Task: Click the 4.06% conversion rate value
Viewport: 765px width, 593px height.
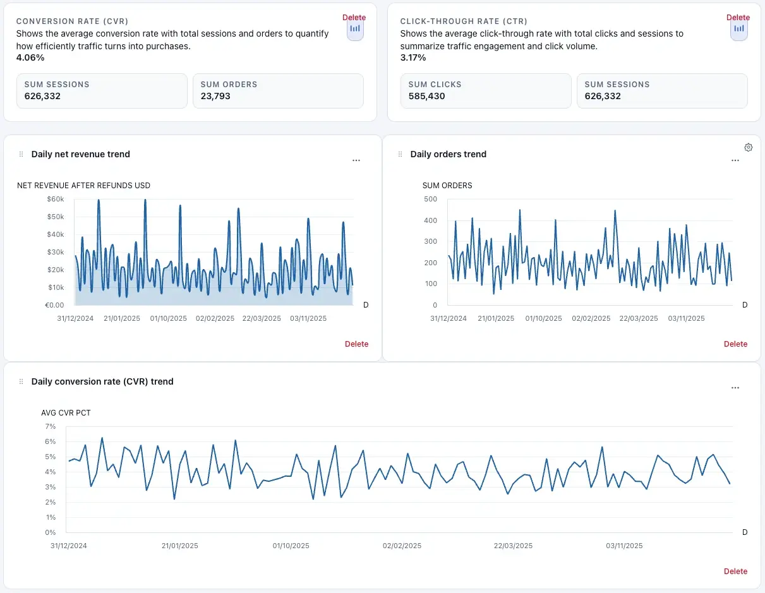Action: coord(30,57)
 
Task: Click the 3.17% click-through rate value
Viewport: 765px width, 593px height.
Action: coord(413,57)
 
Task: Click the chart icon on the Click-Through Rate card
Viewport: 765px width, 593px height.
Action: coord(738,29)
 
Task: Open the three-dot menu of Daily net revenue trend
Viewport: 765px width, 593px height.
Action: coord(356,160)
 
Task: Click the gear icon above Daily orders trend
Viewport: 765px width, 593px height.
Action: coord(749,147)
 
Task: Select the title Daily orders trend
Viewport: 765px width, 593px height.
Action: coord(448,154)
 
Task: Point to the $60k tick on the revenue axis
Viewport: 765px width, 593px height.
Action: coord(56,199)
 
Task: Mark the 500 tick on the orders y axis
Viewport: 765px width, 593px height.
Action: coord(430,199)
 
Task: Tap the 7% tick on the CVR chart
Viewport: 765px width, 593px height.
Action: coord(51,426)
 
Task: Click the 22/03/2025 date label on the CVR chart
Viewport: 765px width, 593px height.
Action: coord(513,546)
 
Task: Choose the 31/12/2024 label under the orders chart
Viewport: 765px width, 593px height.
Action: coord(448,318)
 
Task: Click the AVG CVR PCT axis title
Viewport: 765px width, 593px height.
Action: coord(66,413)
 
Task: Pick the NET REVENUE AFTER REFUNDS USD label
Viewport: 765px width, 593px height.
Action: coord(83,186)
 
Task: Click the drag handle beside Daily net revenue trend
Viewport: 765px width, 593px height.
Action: coord(21,154)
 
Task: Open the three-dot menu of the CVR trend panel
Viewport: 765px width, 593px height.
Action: coord(735,388)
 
